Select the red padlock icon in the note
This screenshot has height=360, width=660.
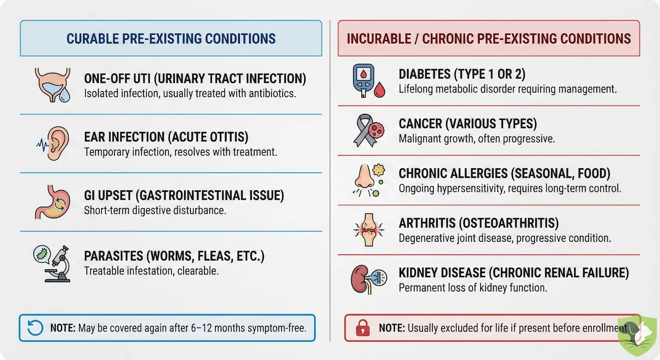363,329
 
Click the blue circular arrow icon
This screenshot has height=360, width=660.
35,328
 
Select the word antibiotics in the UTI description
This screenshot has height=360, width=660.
268,93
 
